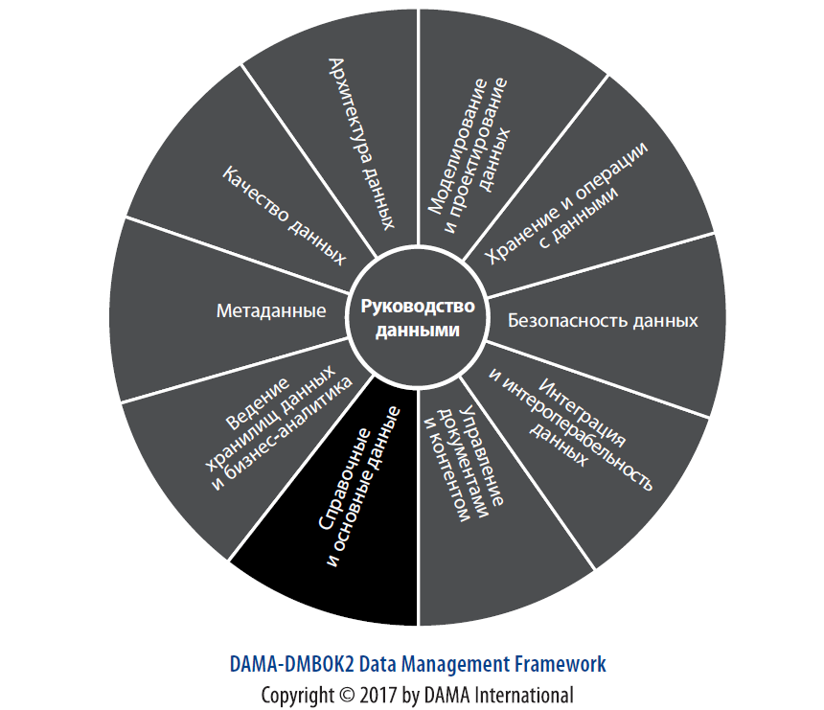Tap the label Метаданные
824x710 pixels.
(271, 310)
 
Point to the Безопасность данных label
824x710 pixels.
(602, 320)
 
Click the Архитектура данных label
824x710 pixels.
(361, 144)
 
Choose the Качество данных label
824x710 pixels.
(285, 215)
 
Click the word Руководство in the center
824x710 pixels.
(418, 308)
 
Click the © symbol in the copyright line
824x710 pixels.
(344, 695)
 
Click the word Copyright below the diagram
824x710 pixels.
(296, 695)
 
